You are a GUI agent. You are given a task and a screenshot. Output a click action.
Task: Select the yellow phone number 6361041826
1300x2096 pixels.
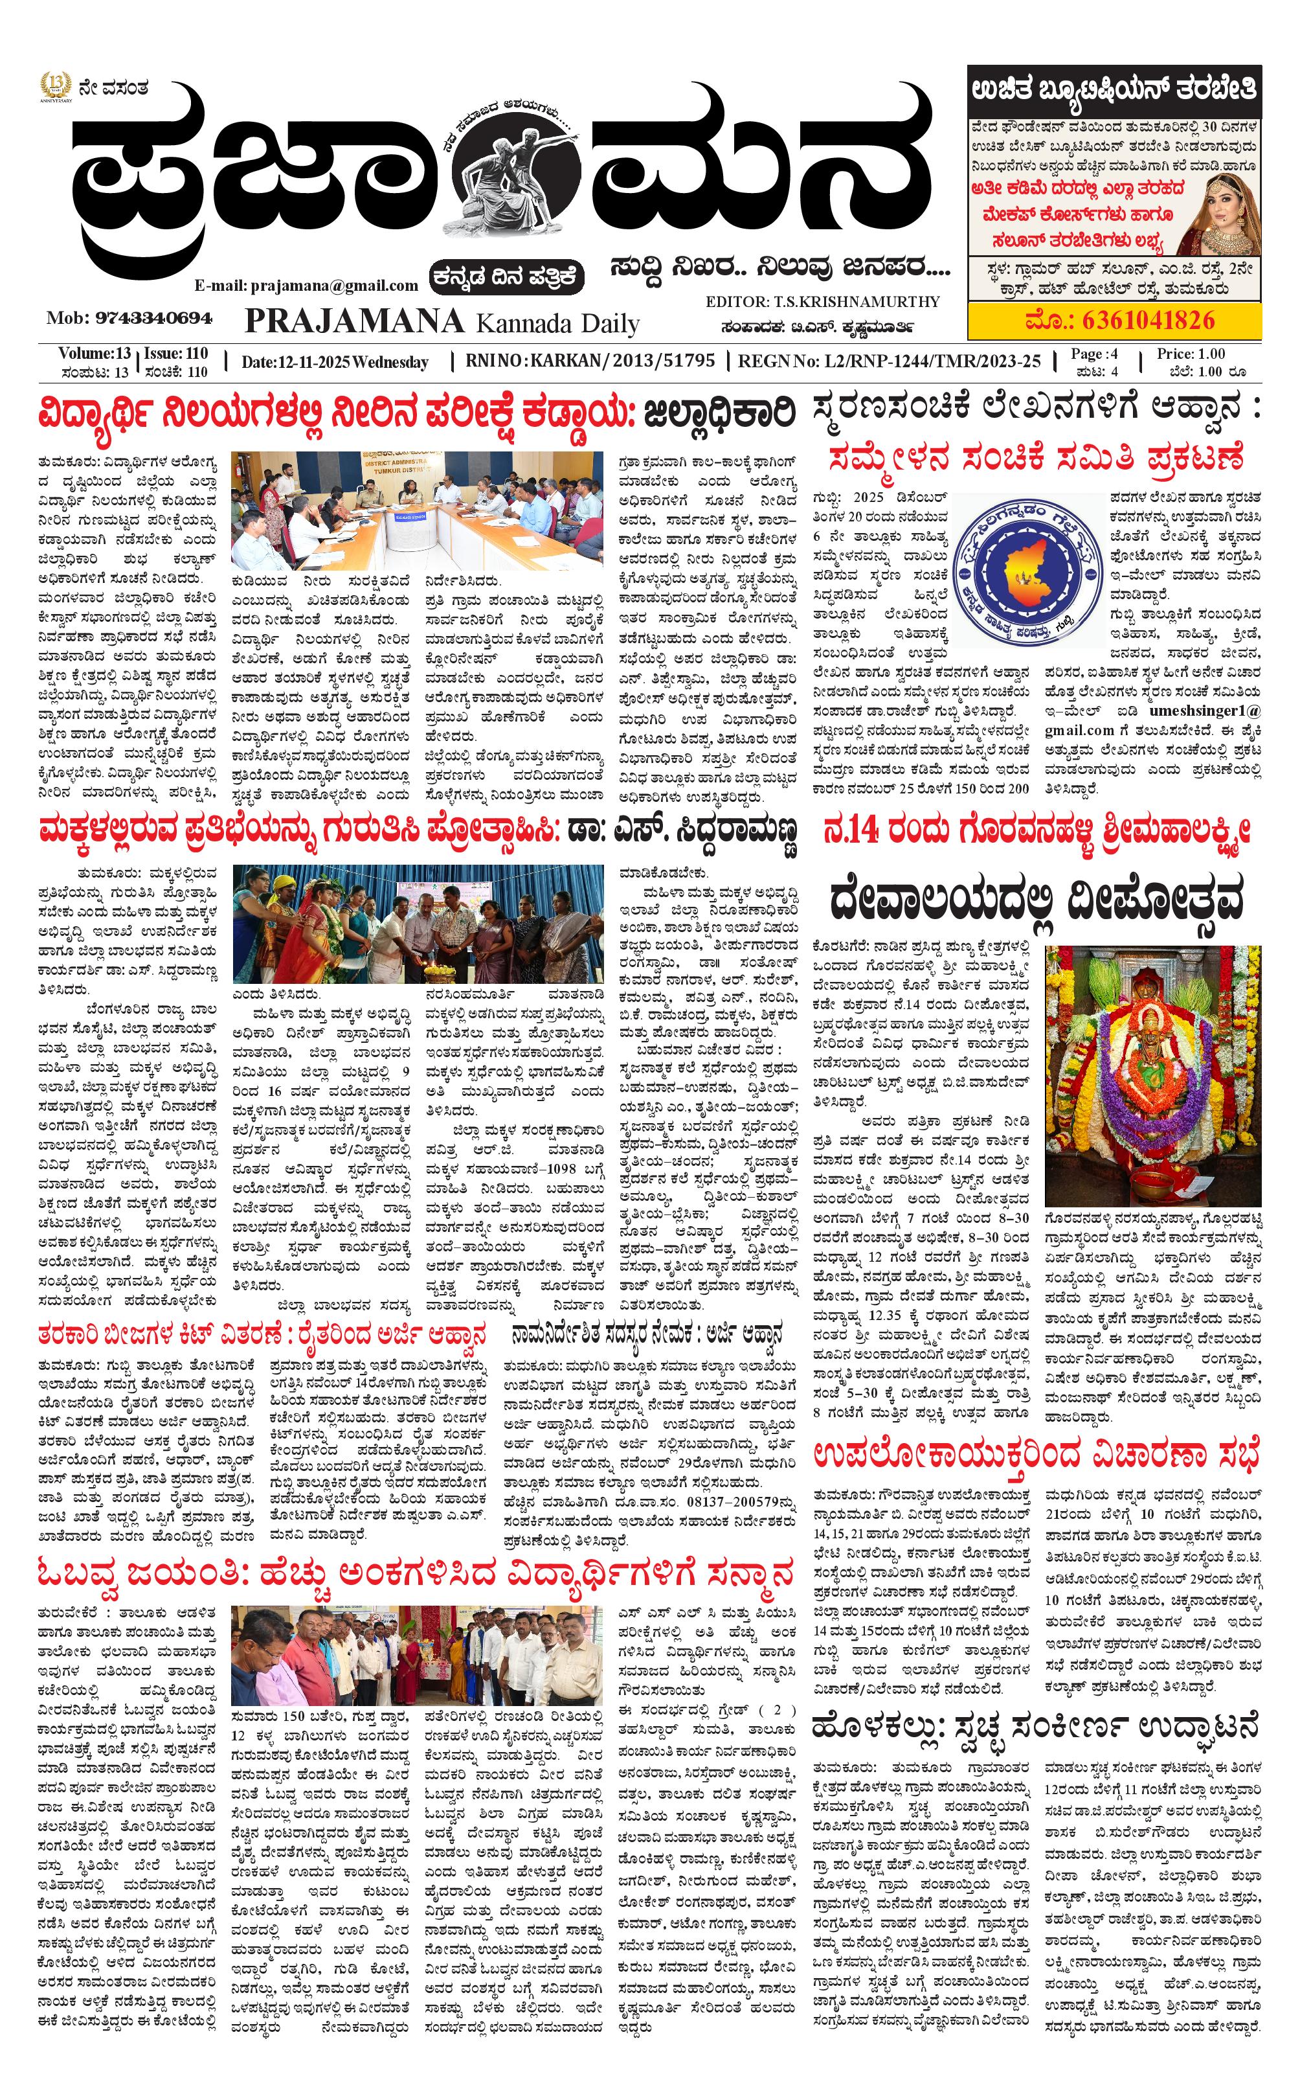click(x=1119, y=321)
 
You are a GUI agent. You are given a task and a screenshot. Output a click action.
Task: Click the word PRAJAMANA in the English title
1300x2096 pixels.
click(x=354, y=322)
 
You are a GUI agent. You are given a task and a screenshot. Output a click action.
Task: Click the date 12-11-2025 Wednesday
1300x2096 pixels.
click(x=335, y=362)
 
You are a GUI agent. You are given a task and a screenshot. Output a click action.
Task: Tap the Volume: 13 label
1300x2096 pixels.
click(x=95, y=354)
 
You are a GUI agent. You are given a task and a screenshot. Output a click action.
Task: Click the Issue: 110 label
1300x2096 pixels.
click(x=175, y=354)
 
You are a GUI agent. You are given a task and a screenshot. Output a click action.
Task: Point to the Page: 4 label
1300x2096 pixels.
click(x=1093, y=354)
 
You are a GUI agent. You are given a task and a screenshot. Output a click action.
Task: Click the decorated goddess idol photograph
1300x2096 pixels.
click(x=1152, y=1075)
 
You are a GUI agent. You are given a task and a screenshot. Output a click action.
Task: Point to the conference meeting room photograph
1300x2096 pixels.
click(x=417, y=510)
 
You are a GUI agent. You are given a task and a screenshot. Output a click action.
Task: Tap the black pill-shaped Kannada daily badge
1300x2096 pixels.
click(x=508, y=277)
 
